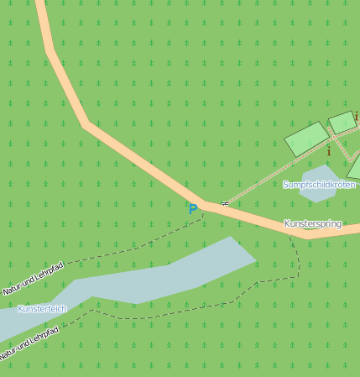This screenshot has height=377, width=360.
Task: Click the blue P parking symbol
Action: [193, 209]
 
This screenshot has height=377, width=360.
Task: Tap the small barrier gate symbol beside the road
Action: [225, 203]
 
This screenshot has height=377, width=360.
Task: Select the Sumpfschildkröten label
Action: [319, 185]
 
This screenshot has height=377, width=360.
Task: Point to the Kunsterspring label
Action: [312, 224]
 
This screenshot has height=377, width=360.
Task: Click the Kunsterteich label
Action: [42, 309]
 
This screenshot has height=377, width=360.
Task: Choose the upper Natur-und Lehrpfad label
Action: [34, 279]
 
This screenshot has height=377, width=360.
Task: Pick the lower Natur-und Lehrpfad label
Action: [31, 345]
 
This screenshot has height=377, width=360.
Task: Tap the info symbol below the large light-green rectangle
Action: [329, 152]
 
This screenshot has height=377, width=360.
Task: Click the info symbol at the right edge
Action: [356, 116]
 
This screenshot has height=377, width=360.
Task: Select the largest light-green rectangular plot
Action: [306, 138]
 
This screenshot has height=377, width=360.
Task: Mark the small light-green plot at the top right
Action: [342, 123]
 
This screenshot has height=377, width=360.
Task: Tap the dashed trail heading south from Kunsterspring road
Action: [295, 252]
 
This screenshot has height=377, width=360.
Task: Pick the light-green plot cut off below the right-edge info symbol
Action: [355, 168]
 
